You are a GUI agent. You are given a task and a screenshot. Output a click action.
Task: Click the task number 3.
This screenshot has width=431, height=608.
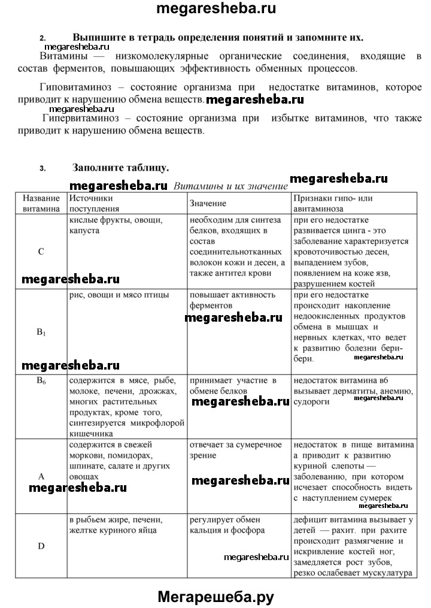click(43, 168)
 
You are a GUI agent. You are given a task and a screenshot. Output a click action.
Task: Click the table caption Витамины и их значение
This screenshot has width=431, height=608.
click(230, 186)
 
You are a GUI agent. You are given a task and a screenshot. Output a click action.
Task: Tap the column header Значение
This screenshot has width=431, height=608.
click(208, 204)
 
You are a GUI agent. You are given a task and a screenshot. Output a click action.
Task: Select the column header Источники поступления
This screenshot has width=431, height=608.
click(91, 204)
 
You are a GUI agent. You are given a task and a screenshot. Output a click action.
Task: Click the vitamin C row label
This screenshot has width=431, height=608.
click(41, 252)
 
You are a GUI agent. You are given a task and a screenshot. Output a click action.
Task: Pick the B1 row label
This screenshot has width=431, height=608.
click(41, 331)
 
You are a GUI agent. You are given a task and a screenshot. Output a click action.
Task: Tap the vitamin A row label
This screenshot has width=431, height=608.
click(41, 476)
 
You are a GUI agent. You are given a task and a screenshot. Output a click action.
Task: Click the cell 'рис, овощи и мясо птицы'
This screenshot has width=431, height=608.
click(119, 295)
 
